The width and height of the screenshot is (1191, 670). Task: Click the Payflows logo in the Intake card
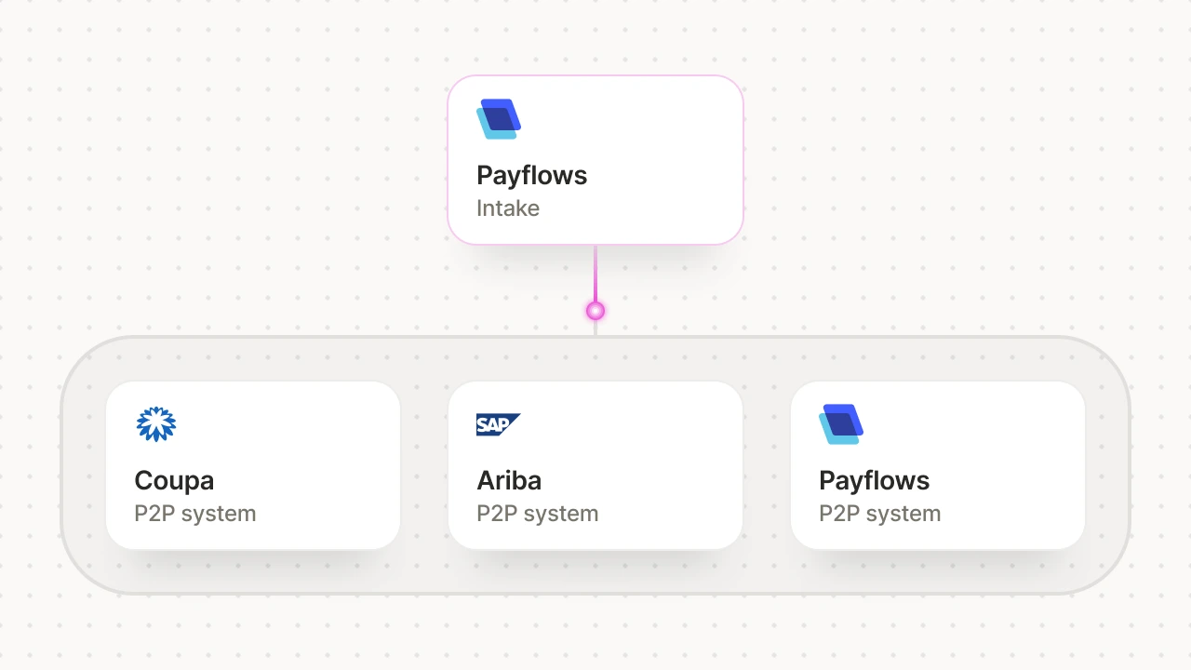(499, 119)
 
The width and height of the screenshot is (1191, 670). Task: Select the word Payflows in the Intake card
(531, 175)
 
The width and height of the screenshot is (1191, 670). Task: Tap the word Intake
(508, 208)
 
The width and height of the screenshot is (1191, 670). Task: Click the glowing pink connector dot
(595, 311)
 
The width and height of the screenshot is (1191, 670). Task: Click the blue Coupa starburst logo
(155, 424)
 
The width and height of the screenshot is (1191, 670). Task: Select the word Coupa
(174, 480)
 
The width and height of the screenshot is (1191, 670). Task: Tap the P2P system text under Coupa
(194, 514)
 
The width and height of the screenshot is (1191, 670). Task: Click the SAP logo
(498, 424)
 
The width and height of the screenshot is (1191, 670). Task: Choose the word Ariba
(509, 480)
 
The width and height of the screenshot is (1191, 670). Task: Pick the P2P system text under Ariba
(537, 514)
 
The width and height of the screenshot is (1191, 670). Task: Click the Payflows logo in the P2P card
(841, 424)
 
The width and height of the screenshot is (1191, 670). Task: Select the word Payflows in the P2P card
(874, 480)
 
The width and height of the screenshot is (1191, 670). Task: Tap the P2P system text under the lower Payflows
(879, 514)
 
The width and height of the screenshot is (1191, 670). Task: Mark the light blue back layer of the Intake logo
(485, 130)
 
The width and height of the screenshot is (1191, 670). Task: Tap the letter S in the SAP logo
(482, 425)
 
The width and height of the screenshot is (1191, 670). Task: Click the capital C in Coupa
(143, 480)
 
